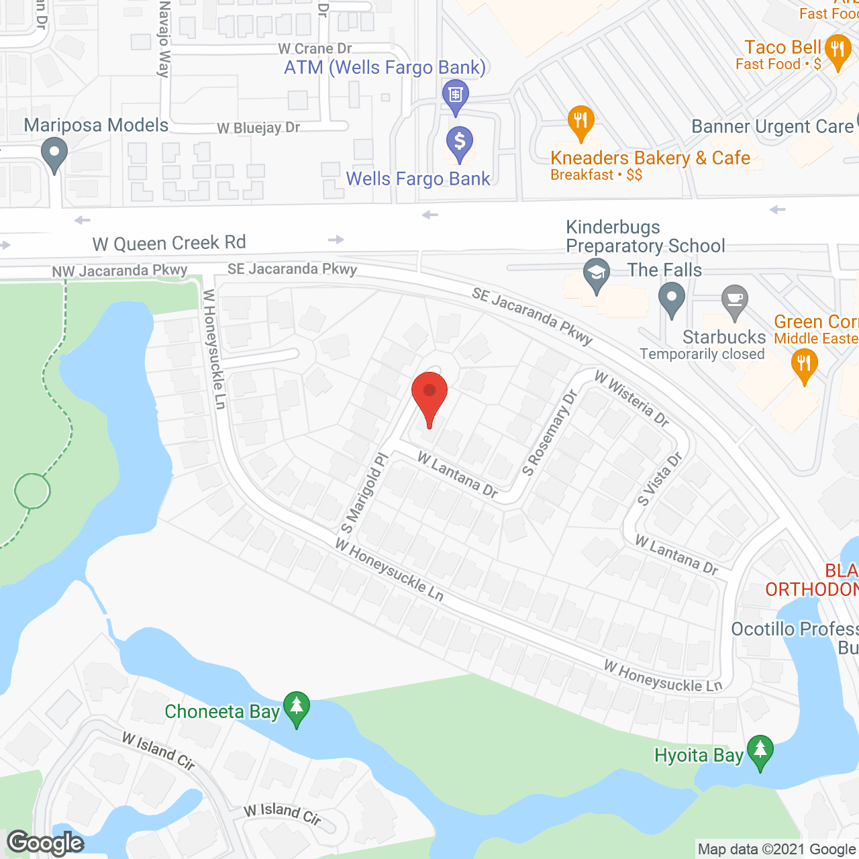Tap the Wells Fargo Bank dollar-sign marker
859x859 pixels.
(460, 143)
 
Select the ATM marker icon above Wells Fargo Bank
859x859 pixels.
(456, 95)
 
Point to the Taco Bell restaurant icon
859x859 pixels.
(837, 51)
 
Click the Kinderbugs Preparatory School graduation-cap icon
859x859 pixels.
(596, 274)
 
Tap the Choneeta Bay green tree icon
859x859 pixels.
(296, 707)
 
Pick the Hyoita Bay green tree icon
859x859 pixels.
(760, 751)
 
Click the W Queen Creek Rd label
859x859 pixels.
(169, 243)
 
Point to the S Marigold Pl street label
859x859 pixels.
(364, 493)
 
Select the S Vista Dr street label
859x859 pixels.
(660, 479)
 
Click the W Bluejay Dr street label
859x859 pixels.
(258, 128)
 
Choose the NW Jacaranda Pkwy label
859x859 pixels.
(119, 271)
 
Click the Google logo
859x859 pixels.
(46, 843)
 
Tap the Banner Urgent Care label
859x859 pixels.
(772, 127)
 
